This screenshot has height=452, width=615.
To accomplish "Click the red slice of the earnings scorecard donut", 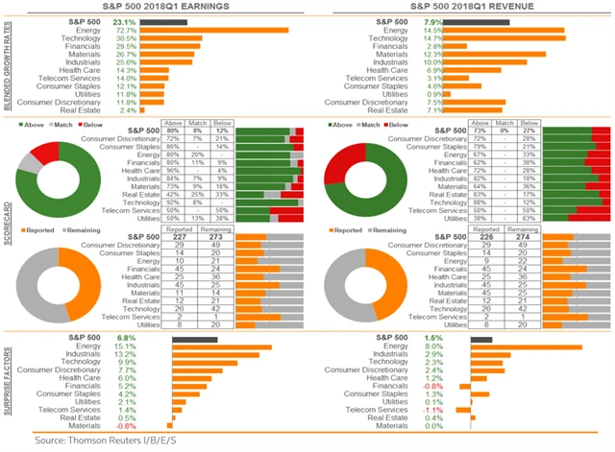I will click(44, 153).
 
